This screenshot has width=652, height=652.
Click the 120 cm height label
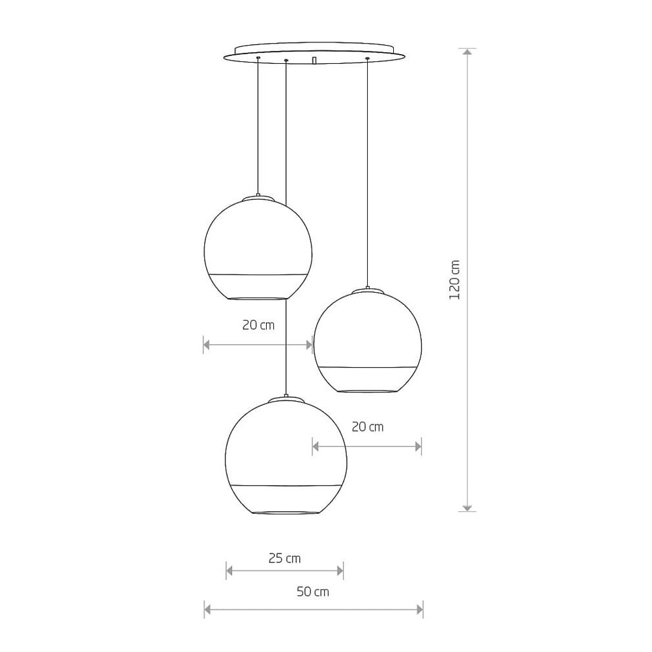coord(455,280)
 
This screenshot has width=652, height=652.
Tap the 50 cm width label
coord(313,591)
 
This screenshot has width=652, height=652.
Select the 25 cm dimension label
coord(284,558)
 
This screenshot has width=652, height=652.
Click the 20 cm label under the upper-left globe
coord(258,325)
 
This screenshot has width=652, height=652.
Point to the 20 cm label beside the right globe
coord(368,426)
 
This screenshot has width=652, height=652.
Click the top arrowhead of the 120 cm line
coord(467,52)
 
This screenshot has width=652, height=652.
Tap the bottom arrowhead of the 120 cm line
coord(467,508)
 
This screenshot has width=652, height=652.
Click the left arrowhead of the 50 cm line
coord(208,610)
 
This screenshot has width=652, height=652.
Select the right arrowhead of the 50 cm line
coord(419,610)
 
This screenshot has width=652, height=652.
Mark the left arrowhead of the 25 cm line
coord(230,570)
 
